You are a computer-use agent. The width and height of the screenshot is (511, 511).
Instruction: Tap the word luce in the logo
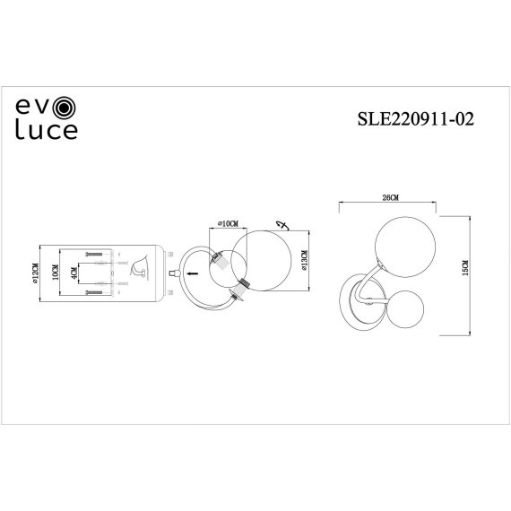pos(48,133)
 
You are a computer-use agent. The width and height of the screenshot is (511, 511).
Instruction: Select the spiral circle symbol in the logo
pos(66,110)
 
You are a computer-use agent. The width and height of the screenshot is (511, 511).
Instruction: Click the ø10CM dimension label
pos(227,223)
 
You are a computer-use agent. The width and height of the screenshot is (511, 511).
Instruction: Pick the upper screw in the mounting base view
pos(92,255)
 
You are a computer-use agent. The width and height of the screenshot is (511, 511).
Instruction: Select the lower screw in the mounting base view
pos(92,291)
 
